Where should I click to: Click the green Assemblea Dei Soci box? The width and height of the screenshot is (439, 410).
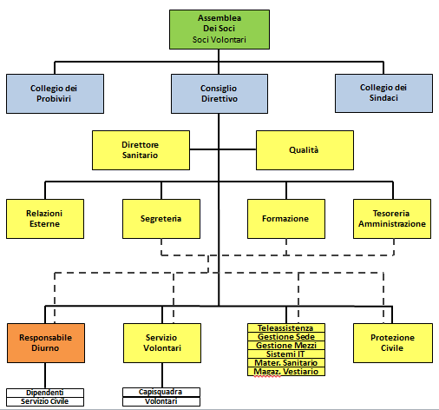point(219,30)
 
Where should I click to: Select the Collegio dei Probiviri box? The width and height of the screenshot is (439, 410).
point(55,94)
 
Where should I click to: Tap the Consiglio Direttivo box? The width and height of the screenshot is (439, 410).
point(219,94)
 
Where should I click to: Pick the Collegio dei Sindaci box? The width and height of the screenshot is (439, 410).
point(383,93)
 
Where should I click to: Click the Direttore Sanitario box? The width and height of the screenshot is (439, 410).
point(141,150)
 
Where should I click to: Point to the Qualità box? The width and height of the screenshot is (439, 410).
point(305,150)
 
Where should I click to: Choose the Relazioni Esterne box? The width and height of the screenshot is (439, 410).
point(45,219)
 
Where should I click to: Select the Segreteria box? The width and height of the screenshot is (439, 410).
point(161,219)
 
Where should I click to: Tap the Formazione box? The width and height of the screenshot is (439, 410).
point(286,219)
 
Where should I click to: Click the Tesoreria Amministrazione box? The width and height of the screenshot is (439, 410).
point(392,219)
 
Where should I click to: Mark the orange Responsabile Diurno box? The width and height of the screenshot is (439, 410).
point(46,343)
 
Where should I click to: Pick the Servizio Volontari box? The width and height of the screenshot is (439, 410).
point(162,343)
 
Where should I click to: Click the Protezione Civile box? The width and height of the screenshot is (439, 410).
point(393,343)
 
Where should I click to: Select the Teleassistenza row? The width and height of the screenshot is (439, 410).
point(286,327)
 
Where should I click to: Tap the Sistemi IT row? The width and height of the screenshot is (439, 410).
point(286,354)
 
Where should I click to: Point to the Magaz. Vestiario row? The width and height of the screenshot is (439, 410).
point(286,372)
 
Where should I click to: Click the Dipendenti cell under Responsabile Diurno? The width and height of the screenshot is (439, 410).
point(45,393)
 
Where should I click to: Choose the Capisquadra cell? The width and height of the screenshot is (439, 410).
point(161,392)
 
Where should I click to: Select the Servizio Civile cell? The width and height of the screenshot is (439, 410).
point(45,401)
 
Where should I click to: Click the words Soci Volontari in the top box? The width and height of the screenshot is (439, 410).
point(219,39)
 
